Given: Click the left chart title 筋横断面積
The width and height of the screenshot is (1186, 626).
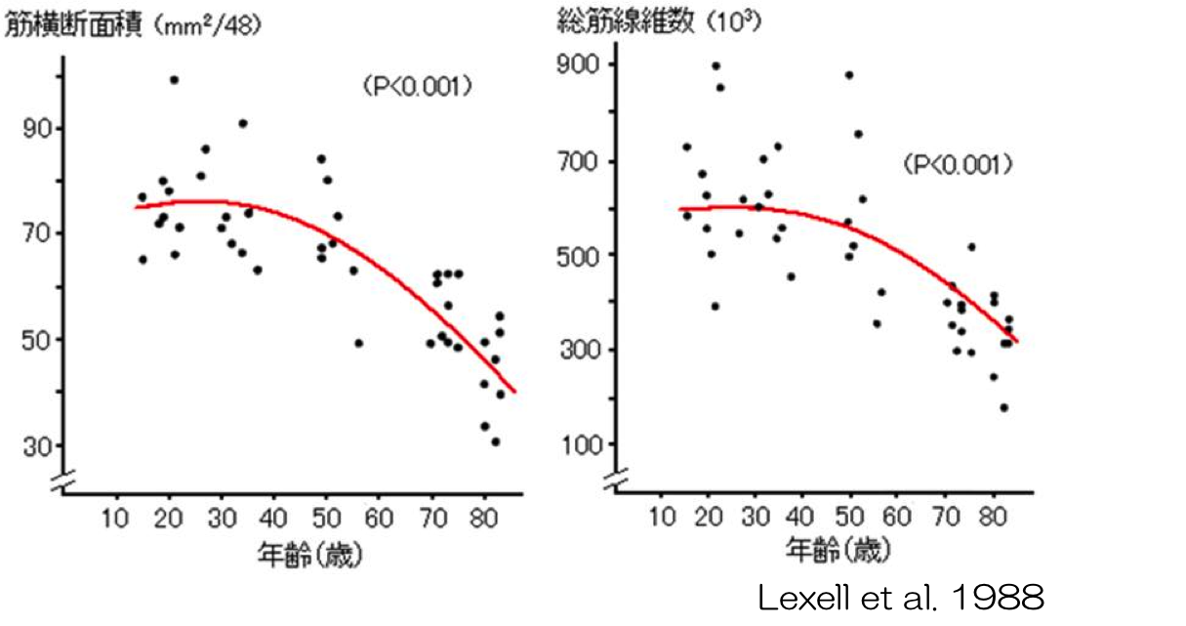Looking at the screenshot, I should (x=73, y=26).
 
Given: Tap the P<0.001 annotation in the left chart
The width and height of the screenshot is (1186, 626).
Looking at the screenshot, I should (x=417, y=88).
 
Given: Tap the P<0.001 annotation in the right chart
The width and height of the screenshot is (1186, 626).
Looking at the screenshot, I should (x=958, y=164).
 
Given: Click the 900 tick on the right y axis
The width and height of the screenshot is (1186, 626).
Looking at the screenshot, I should (x=577, y=65).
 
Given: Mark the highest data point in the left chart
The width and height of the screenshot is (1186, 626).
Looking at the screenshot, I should (x=174, y=80).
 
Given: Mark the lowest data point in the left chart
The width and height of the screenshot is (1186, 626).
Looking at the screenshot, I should (x=495, y=441).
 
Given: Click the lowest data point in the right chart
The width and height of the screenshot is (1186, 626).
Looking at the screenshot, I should (x=1003, y=408).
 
